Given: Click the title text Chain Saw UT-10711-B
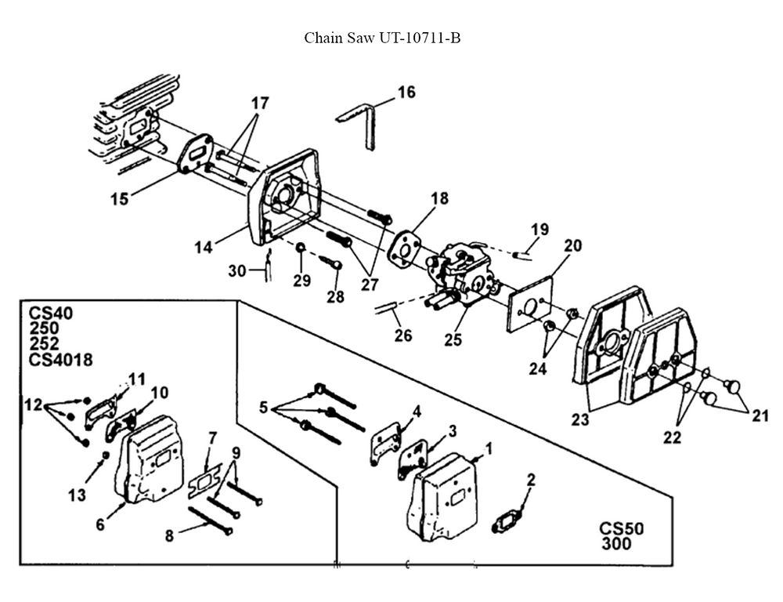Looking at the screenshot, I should point(382,38).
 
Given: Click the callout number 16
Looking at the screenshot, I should point(406,92).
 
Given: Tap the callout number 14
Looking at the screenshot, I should point(204,248).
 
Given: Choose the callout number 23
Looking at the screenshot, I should point(579,419).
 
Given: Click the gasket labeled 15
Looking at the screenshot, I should point(193,153).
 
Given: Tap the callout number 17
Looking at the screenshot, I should point(260,103).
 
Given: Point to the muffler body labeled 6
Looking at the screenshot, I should point(153,459).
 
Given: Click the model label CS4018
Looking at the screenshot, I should point(61,360).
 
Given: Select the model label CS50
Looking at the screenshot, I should point(622,529).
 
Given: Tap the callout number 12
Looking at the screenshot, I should point(33,405).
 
